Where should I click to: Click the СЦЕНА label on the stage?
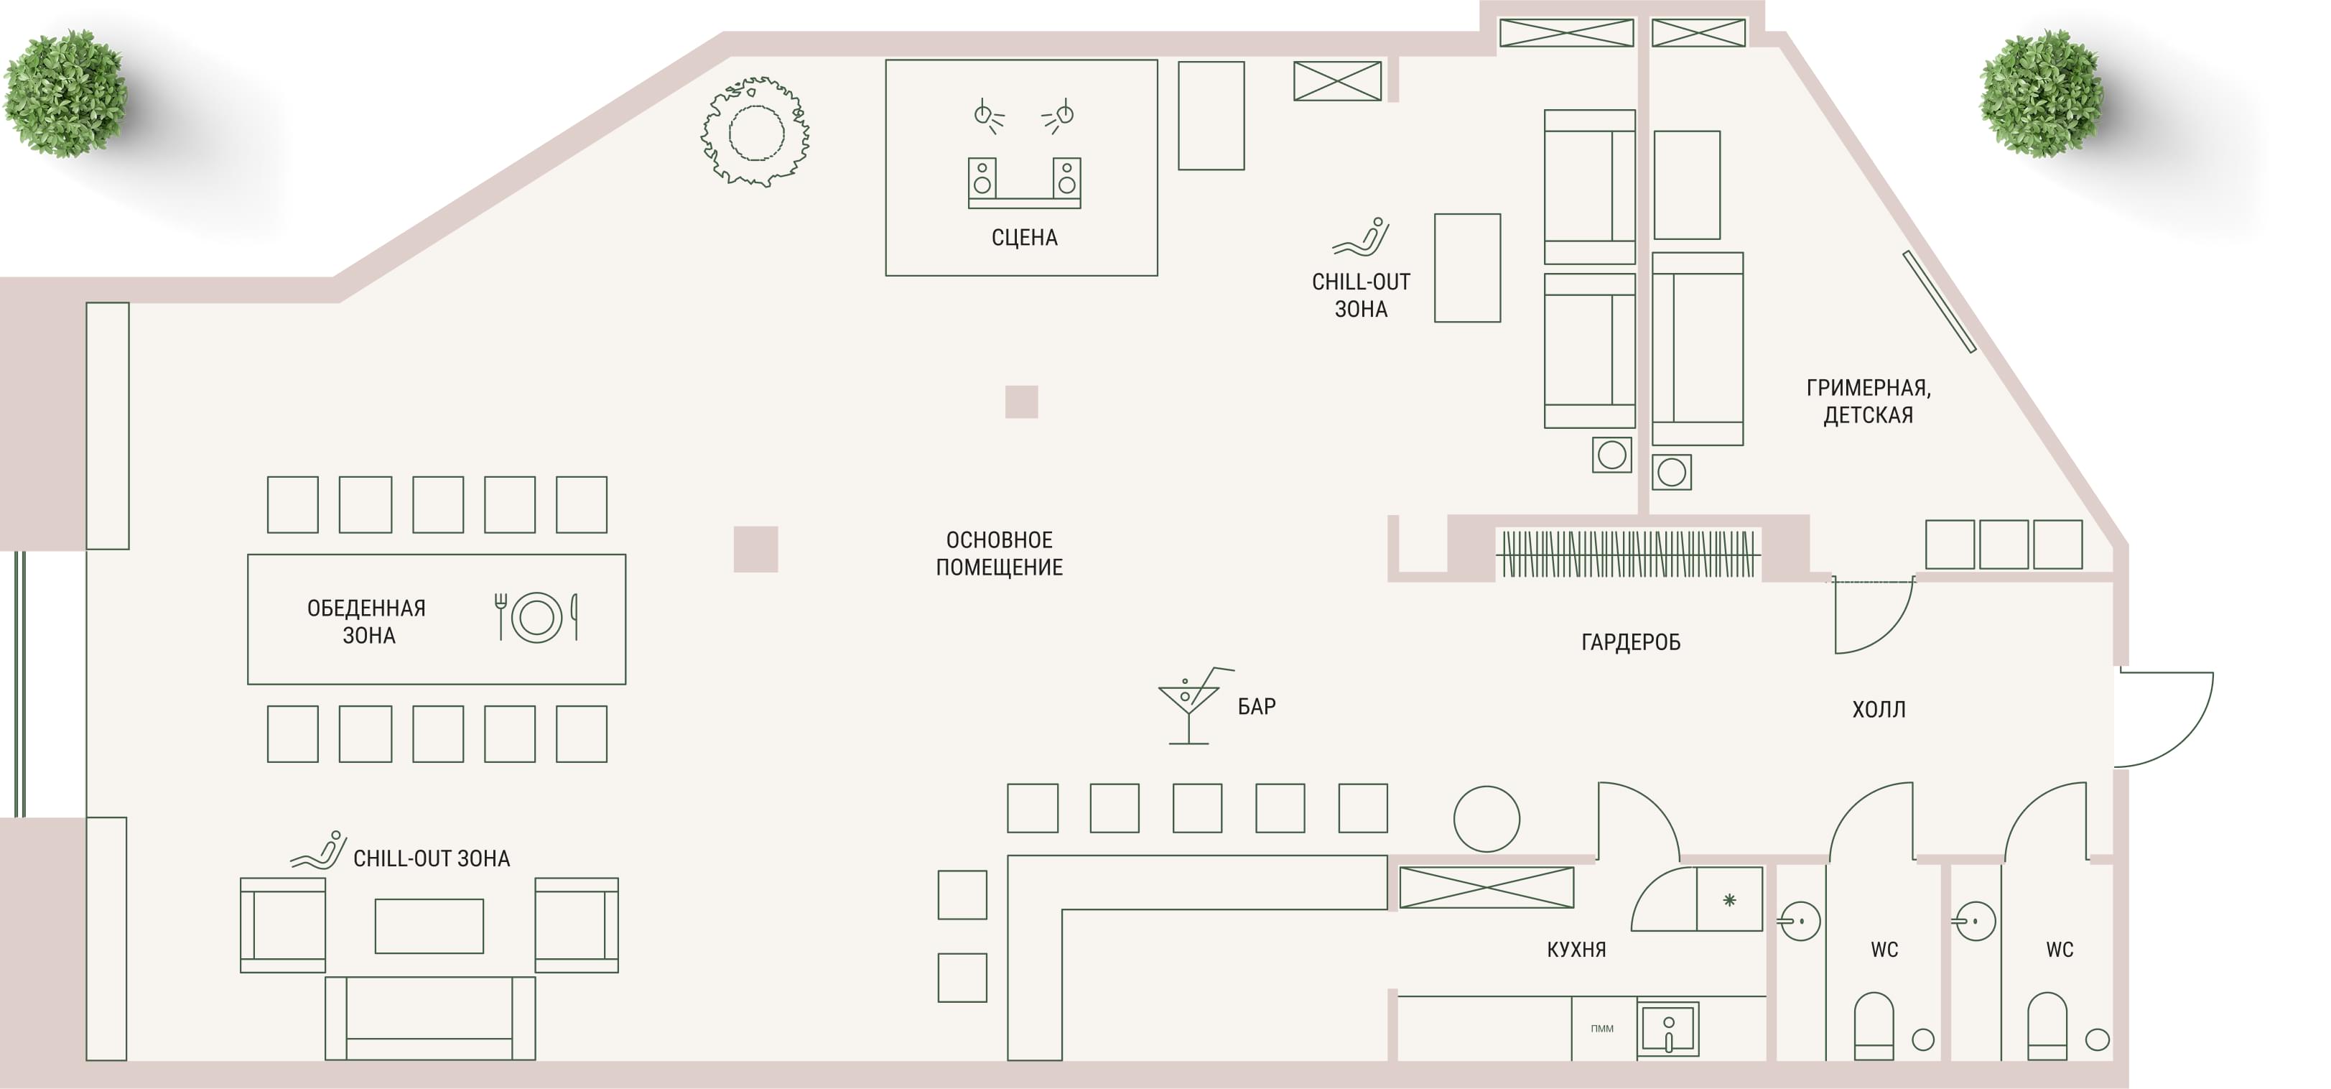point(1024,238)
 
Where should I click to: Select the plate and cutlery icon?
point(536,617)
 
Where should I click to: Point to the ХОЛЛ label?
point(1879,710)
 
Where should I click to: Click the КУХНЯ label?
point(1576,950)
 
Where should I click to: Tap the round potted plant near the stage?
point(755,132)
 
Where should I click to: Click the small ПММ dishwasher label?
point(1601,1029)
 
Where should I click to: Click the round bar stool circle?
point(1486,818)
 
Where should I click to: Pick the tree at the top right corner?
point(2041,94)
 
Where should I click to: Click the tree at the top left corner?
point(65,94)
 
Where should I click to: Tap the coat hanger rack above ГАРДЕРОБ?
point(1629,553)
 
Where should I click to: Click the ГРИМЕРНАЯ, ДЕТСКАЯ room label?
point(1869,401)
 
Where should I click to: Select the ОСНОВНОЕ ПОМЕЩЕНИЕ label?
point(999,554)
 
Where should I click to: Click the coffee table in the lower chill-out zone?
point(429,926)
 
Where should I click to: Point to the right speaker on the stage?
point(1067,177)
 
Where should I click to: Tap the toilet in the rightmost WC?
point(2047,1026)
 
